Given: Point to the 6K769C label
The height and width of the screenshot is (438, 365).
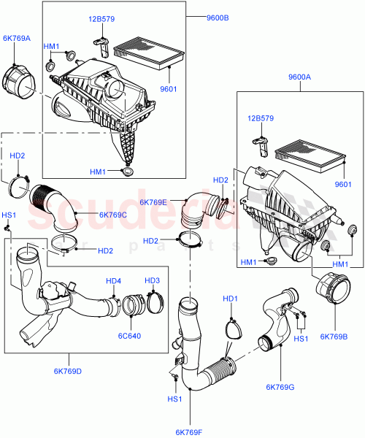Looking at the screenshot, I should [113, 214].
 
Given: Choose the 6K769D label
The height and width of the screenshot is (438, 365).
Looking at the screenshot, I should [69, 371].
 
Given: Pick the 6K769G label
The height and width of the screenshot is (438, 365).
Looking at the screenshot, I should [280, 386].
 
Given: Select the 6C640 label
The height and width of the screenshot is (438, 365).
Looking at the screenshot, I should [137, 337].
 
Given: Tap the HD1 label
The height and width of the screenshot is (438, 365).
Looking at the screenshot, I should [230, 298].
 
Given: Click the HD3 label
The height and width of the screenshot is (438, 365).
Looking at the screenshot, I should [152, 280].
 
